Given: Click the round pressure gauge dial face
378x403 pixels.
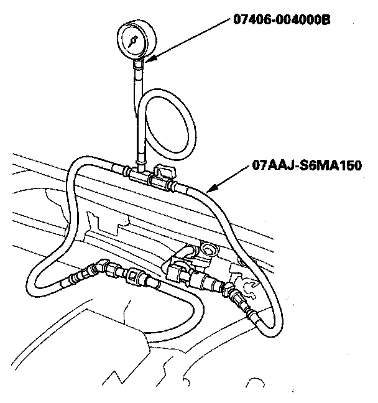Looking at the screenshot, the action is tap(133, 39).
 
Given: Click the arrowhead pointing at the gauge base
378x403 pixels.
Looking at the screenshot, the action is tap(149, 60).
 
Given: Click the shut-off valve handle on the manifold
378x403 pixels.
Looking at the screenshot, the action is tap(163, 170).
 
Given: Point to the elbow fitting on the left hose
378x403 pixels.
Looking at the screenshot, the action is tap(98, 267).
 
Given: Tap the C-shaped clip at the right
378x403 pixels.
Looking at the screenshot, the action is tap(248, 287).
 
